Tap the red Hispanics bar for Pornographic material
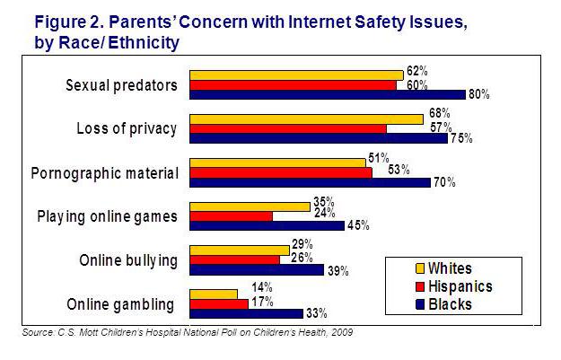point(280,172)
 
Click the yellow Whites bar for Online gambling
point(213,294)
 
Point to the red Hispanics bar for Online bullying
point(234,259)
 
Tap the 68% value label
point(438,112)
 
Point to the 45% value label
point(358,225)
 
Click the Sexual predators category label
point(121,86)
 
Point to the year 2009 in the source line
point(340,333)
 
